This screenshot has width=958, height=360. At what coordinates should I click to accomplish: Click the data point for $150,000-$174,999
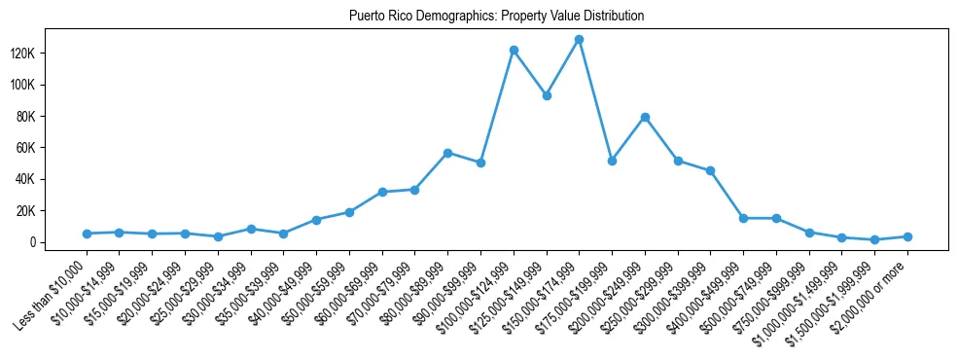tap(579, 40)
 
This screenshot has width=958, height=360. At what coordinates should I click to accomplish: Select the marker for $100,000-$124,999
tap(514, 50)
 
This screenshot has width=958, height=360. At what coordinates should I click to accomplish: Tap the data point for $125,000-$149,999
tap(547, 95)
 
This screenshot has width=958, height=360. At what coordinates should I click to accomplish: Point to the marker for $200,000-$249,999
tap(645, 118)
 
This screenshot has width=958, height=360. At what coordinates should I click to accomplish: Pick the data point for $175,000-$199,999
tap(612, 161)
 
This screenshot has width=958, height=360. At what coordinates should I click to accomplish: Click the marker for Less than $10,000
tap(87, 234)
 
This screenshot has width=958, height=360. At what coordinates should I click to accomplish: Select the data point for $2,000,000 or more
tap(907, 236)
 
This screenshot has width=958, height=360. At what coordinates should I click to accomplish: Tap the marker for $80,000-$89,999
tap(447, 153)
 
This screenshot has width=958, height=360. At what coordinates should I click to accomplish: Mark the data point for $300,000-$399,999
tap(711, 171)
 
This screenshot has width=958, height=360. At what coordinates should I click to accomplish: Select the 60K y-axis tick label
tap(51, 148)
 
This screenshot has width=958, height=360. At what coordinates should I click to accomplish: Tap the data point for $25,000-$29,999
tap(218, 236)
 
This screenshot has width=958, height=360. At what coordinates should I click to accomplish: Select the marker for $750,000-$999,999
tap(809, 233)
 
